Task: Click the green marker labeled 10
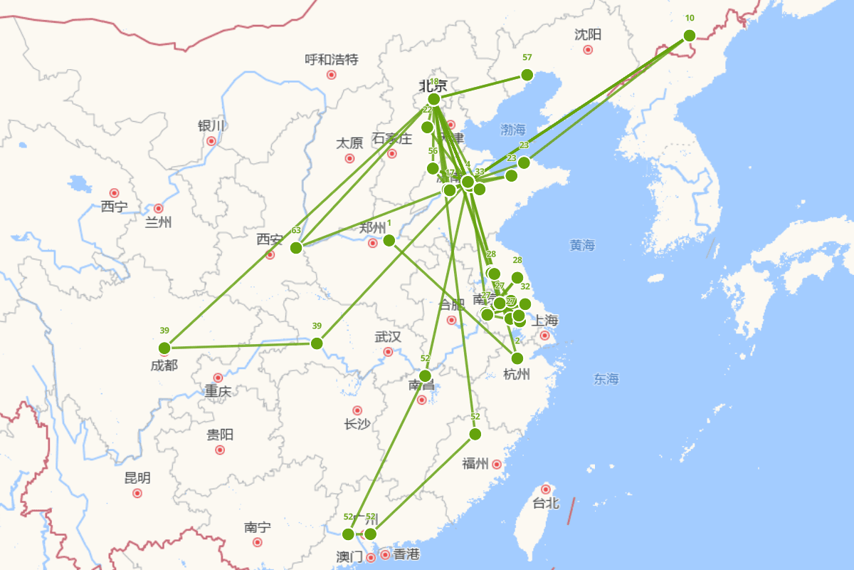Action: coord(689,36)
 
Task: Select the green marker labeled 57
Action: coord(527,75)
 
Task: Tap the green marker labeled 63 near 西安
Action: coord(296,247)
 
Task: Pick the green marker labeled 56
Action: coord(433,168)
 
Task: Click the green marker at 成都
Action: coord(164,348)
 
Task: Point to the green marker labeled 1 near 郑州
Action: coord(389,240)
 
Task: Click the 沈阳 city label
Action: coord(588,34)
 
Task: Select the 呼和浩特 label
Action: coord(331,60)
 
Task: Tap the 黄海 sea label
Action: coord(582,245)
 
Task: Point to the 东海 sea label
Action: coord(606,379)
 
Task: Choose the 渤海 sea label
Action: coord(512,130)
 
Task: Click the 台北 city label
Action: coord(546,503)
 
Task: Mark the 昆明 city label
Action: coord(137,477)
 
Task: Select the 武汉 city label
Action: coord(388,337)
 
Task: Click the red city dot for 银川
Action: coord(211,141)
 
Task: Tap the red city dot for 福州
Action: coord(497,465)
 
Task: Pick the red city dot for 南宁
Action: coord(258,542)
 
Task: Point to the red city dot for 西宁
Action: coord(114,193)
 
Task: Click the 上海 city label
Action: coord(545,320)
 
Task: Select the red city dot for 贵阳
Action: coord(220,450)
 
